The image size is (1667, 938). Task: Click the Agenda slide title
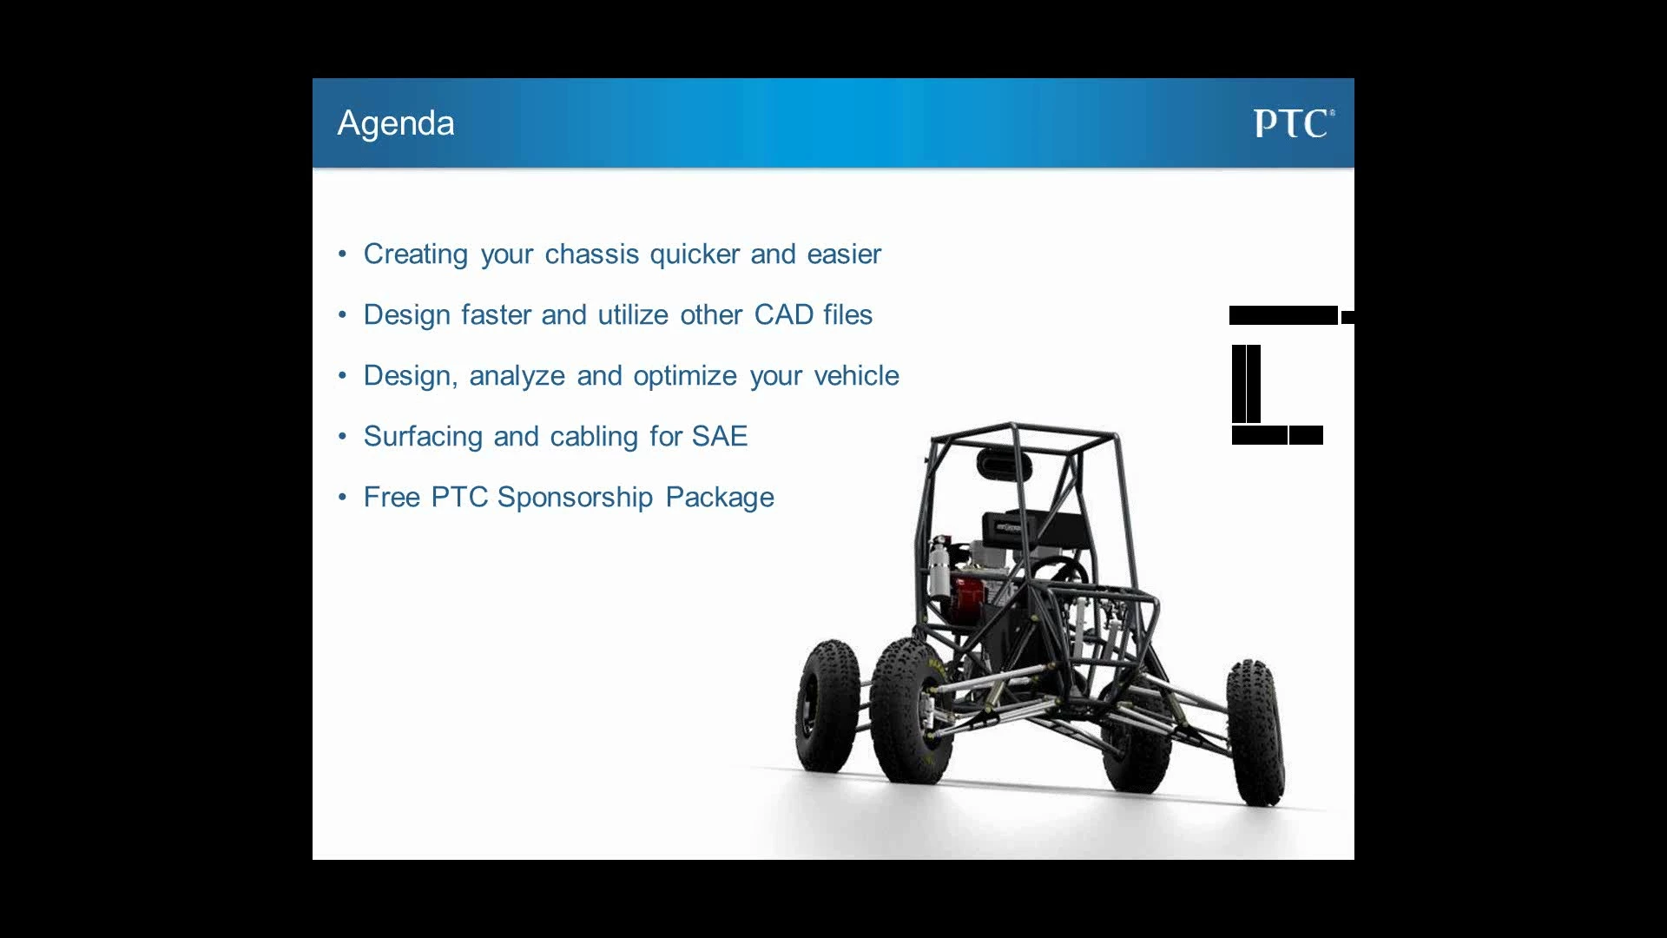coord(396,124)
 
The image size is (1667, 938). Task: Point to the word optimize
coord(685,376)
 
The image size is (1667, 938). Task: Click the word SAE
coord(720,436)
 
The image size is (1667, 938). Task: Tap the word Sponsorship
coord(575,498)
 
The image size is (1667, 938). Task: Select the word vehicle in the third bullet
coord(856,375)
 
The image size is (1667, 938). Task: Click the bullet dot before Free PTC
coord(343,498)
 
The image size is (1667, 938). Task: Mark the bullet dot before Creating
coord(343,254)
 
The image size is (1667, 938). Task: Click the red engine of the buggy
coord(967,595)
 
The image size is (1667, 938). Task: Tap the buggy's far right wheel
coord(1255,731)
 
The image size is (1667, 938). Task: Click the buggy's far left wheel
coord(827,705)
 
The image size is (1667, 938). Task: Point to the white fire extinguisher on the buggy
coord(939,566)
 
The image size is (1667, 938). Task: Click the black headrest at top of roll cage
coord(1004,464)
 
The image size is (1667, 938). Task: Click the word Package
coord(720,498)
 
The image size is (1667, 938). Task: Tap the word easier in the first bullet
coord(844,254)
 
